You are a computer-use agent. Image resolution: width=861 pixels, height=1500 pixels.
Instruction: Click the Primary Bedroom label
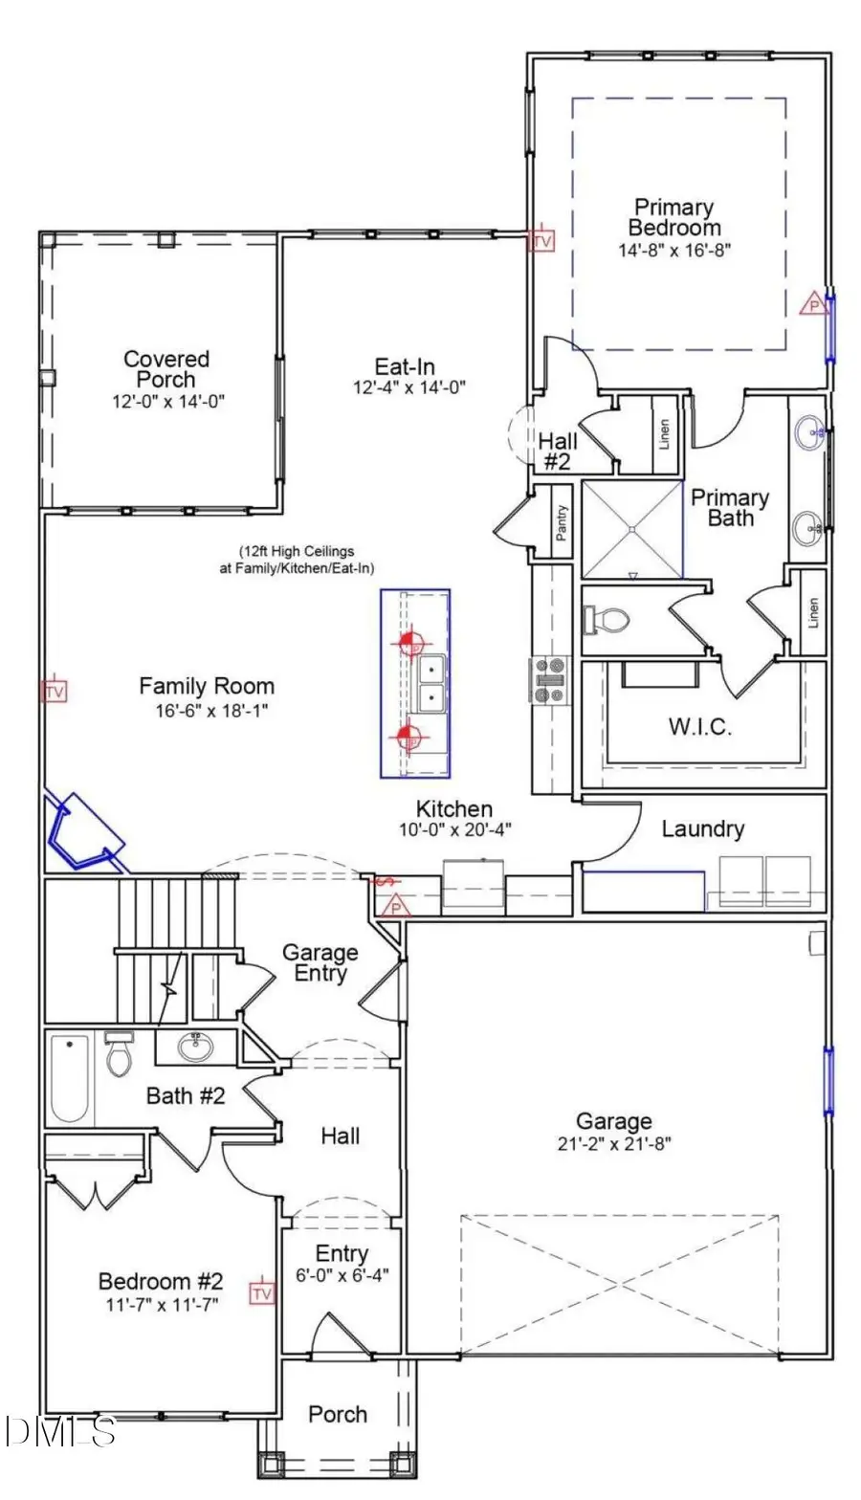tap(674, 217)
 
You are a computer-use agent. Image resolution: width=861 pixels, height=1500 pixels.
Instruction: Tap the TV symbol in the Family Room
tap(55, 691)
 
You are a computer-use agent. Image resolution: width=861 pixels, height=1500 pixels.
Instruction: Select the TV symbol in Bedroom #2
tap(261, 1293)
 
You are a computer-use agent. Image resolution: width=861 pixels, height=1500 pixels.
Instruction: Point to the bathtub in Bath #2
tap(69, 1078)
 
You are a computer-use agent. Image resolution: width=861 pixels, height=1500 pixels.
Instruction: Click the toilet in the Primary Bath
tap(607, 621)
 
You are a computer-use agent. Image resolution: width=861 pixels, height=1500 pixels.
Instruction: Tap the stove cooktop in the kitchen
tap(550, 680)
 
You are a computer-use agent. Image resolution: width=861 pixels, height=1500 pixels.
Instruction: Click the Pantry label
tap(561, 522)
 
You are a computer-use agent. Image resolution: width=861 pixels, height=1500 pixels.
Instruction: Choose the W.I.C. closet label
tap(699, 726)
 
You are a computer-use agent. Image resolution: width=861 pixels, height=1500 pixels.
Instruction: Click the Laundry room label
tap(702, 828)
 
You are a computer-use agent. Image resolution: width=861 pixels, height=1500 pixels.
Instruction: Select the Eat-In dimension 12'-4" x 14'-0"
tap(409, 387)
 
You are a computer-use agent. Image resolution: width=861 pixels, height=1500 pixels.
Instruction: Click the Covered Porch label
tap(166, 368)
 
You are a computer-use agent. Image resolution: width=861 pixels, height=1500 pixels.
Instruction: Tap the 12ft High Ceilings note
tap(297, 560)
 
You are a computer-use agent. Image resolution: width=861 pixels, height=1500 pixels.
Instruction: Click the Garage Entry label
tap(320, 962)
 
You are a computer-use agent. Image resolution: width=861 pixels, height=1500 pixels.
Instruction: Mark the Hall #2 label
tap(557, 451)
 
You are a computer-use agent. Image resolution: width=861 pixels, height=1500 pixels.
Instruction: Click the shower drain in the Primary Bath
tap(632, 527)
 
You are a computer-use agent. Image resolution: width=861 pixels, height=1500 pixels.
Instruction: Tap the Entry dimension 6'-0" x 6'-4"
tap(342, 1275)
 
